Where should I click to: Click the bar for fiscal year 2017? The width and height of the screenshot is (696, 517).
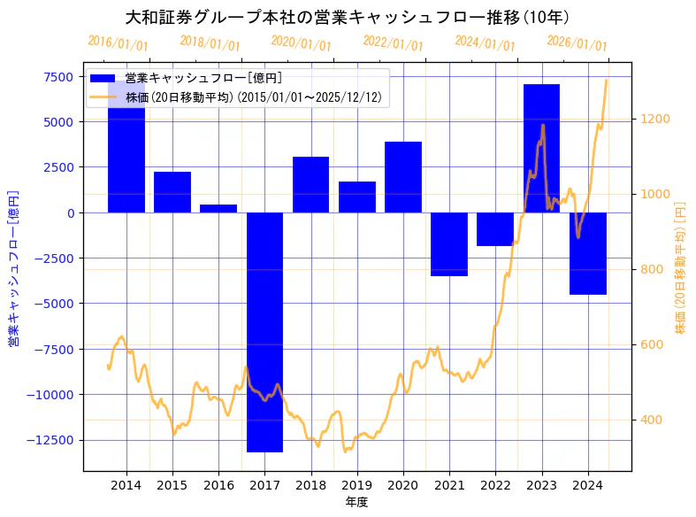pos(264,332)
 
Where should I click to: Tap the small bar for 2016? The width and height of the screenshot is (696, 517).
pos(218,209)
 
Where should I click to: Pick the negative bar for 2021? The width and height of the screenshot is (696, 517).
pos(449,244)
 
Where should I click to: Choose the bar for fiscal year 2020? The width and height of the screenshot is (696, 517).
pos(403,177)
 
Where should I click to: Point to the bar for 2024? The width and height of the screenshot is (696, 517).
pos(587,253)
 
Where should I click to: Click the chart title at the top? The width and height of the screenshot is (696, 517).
pos(347,17)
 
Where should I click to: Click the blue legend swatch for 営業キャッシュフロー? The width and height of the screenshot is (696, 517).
pos(103,78)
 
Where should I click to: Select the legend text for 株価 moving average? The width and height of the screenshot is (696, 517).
pos(253,97)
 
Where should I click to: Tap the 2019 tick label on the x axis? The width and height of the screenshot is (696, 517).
pos(356,485)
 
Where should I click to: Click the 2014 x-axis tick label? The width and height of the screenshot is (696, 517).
pos(126,485)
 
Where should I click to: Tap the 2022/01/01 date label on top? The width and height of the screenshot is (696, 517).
pos(394,42)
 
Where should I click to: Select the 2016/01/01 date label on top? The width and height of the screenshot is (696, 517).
pos(118,42)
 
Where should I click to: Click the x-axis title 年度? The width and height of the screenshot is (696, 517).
pos(356,502)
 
